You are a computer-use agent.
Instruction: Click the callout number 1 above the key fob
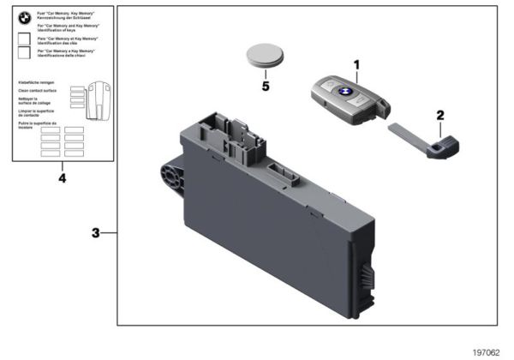pyautogui.click(x=357, y=65)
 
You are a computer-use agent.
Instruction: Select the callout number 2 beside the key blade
pyautogui.click(x=440, y=115)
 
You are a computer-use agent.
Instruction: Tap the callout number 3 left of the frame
pyautogui.click(x=97, y=232)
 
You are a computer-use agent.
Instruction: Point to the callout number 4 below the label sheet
pyautogui.click(x=61, y=178)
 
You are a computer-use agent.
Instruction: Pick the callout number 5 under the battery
pyautogui.click(x=266, y=86)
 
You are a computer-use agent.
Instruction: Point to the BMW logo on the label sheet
pyautogui.click(x=24, y=17)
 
